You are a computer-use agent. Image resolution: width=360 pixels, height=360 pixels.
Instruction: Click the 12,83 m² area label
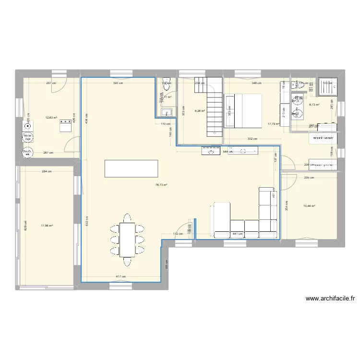click(51, 117)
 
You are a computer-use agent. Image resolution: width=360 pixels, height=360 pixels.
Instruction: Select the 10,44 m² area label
click(310, 206)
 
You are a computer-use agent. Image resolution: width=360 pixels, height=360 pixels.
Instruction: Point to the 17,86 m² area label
click(47, 225)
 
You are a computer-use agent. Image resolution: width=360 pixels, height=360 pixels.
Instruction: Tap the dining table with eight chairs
click(128, 239)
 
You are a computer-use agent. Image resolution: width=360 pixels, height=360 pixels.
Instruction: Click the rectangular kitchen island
click(131, 168)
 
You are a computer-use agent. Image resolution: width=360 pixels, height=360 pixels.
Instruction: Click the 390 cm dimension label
click(117, 83)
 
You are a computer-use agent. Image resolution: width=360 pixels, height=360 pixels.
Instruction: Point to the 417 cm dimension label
click(120, 276)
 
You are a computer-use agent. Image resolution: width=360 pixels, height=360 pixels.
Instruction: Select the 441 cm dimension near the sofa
click(237, 234)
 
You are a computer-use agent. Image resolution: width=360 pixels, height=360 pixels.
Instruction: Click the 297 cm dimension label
click(50, 83)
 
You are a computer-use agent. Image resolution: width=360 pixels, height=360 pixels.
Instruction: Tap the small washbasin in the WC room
click(166, 113)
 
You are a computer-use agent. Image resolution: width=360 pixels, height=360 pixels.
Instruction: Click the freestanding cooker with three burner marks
click(65, 126)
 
